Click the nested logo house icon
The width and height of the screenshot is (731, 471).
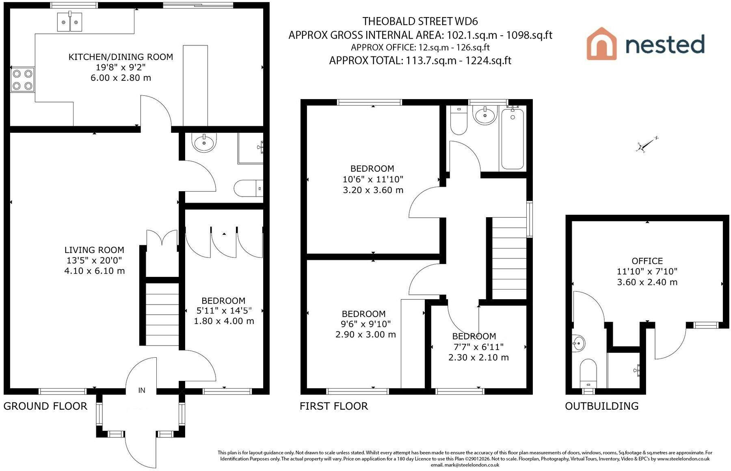(x=601, y=44)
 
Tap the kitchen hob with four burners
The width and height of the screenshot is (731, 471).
(x=23, y=80)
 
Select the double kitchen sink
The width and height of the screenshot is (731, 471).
(x=69, y=22)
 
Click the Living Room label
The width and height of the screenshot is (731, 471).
(x=94, y=250)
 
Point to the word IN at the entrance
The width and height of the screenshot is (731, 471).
(x=142, y=391)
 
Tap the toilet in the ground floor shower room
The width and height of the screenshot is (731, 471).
(x=248, y=188)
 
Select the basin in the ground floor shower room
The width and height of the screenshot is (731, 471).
(x=204, y=143)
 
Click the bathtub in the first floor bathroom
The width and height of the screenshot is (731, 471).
(x=513, y=138)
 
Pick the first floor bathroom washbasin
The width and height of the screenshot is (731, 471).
(x=486, y=115)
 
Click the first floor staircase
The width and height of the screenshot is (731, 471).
(x=509, y=259)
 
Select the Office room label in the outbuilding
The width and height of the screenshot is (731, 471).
(x=647, y=261)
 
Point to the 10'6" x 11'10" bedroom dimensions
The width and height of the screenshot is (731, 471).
(x=373, y=179)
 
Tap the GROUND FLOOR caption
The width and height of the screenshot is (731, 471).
(x=45, y=406)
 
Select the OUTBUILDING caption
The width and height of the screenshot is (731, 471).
(x=602, y=406)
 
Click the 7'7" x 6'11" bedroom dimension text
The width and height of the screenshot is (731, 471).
(x=478, y=347)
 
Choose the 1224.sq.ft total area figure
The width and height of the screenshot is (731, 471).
(x=488, y=61)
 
